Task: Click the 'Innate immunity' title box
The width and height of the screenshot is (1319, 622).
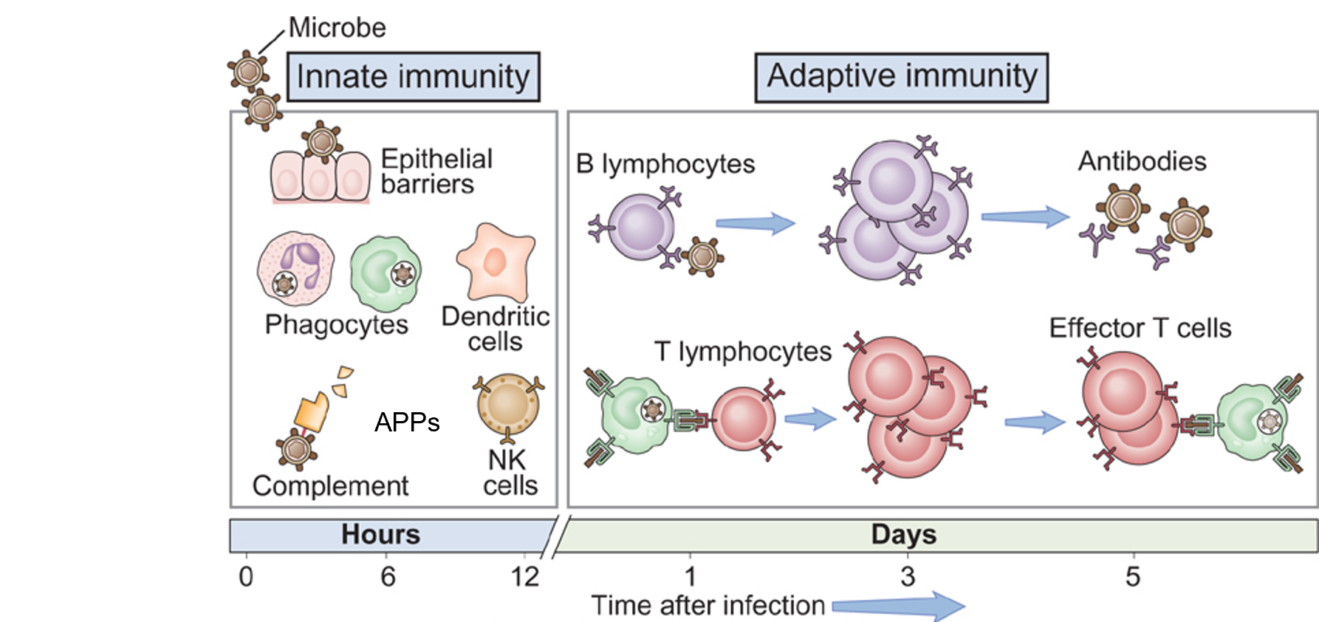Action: point(413,77)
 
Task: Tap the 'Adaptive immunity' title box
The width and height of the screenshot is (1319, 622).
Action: point(901,77)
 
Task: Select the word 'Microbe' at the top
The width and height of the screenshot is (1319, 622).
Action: point(337,28)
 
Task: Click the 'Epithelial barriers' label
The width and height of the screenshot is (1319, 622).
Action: point(436,171)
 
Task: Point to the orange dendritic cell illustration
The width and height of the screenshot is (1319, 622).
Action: point(496,262)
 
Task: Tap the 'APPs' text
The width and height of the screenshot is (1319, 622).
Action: point(407,423)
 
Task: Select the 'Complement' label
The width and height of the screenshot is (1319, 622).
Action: point(330,486)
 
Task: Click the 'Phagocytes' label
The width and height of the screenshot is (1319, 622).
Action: point(336,324)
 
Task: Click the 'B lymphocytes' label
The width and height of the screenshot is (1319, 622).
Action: point(665,164)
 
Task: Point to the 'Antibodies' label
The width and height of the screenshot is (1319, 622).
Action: point(1142,161)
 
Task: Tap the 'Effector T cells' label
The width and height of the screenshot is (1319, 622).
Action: point(1140,328)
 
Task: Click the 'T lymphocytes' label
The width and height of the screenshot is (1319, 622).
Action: point(742,352)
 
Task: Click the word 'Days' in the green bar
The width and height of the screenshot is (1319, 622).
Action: point(903,534)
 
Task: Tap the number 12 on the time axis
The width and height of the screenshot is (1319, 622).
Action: point(524,576)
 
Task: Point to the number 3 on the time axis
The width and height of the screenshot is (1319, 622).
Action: point(908,576)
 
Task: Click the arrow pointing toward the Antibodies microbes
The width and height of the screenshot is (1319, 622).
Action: point(1025,216)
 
